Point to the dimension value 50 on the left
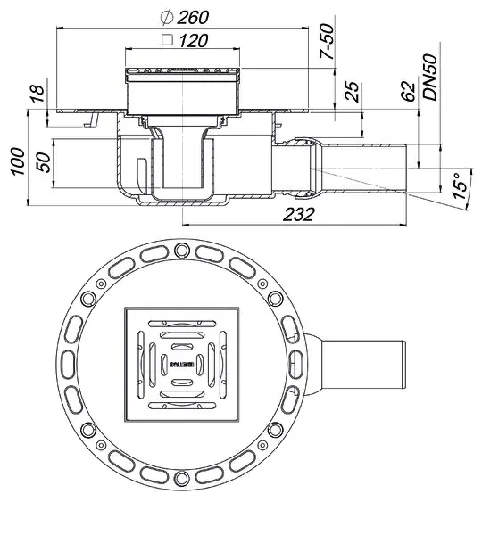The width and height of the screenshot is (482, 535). tap(40, 164)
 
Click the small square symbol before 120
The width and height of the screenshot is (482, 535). tap(165, 40)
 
